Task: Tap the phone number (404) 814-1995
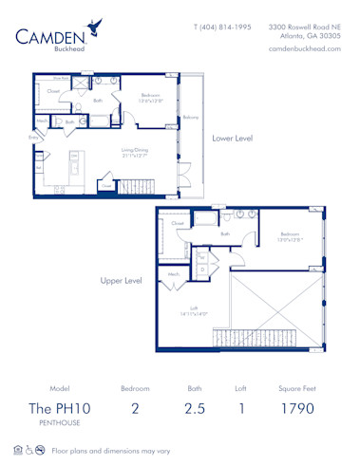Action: tap(223, 28)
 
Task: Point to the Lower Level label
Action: tap(232, 139)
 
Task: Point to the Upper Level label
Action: tap(121, 280)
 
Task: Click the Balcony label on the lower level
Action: tap(190, 118)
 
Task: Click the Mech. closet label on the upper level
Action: tap(174, 274)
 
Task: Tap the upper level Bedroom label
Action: tap(290, 235)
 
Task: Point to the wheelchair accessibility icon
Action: tap(28, 449)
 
